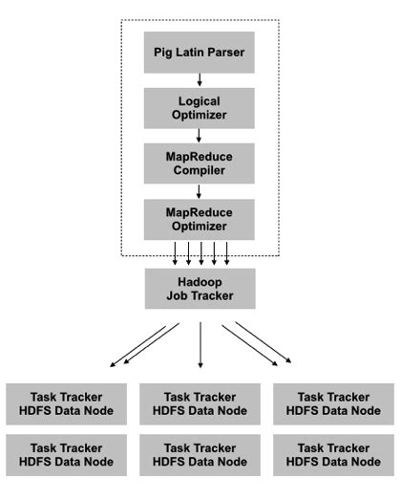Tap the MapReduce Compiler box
coord(200,163)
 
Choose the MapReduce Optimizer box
coord(200,219)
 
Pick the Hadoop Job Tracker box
coord(200,288)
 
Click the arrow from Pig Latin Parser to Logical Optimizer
coord(200,80)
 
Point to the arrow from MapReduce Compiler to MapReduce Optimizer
coord(200,191)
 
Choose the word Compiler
coord(200,171)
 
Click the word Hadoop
coord(200,280)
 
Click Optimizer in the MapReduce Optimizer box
coord(200,227)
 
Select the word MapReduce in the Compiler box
coord(200,156)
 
